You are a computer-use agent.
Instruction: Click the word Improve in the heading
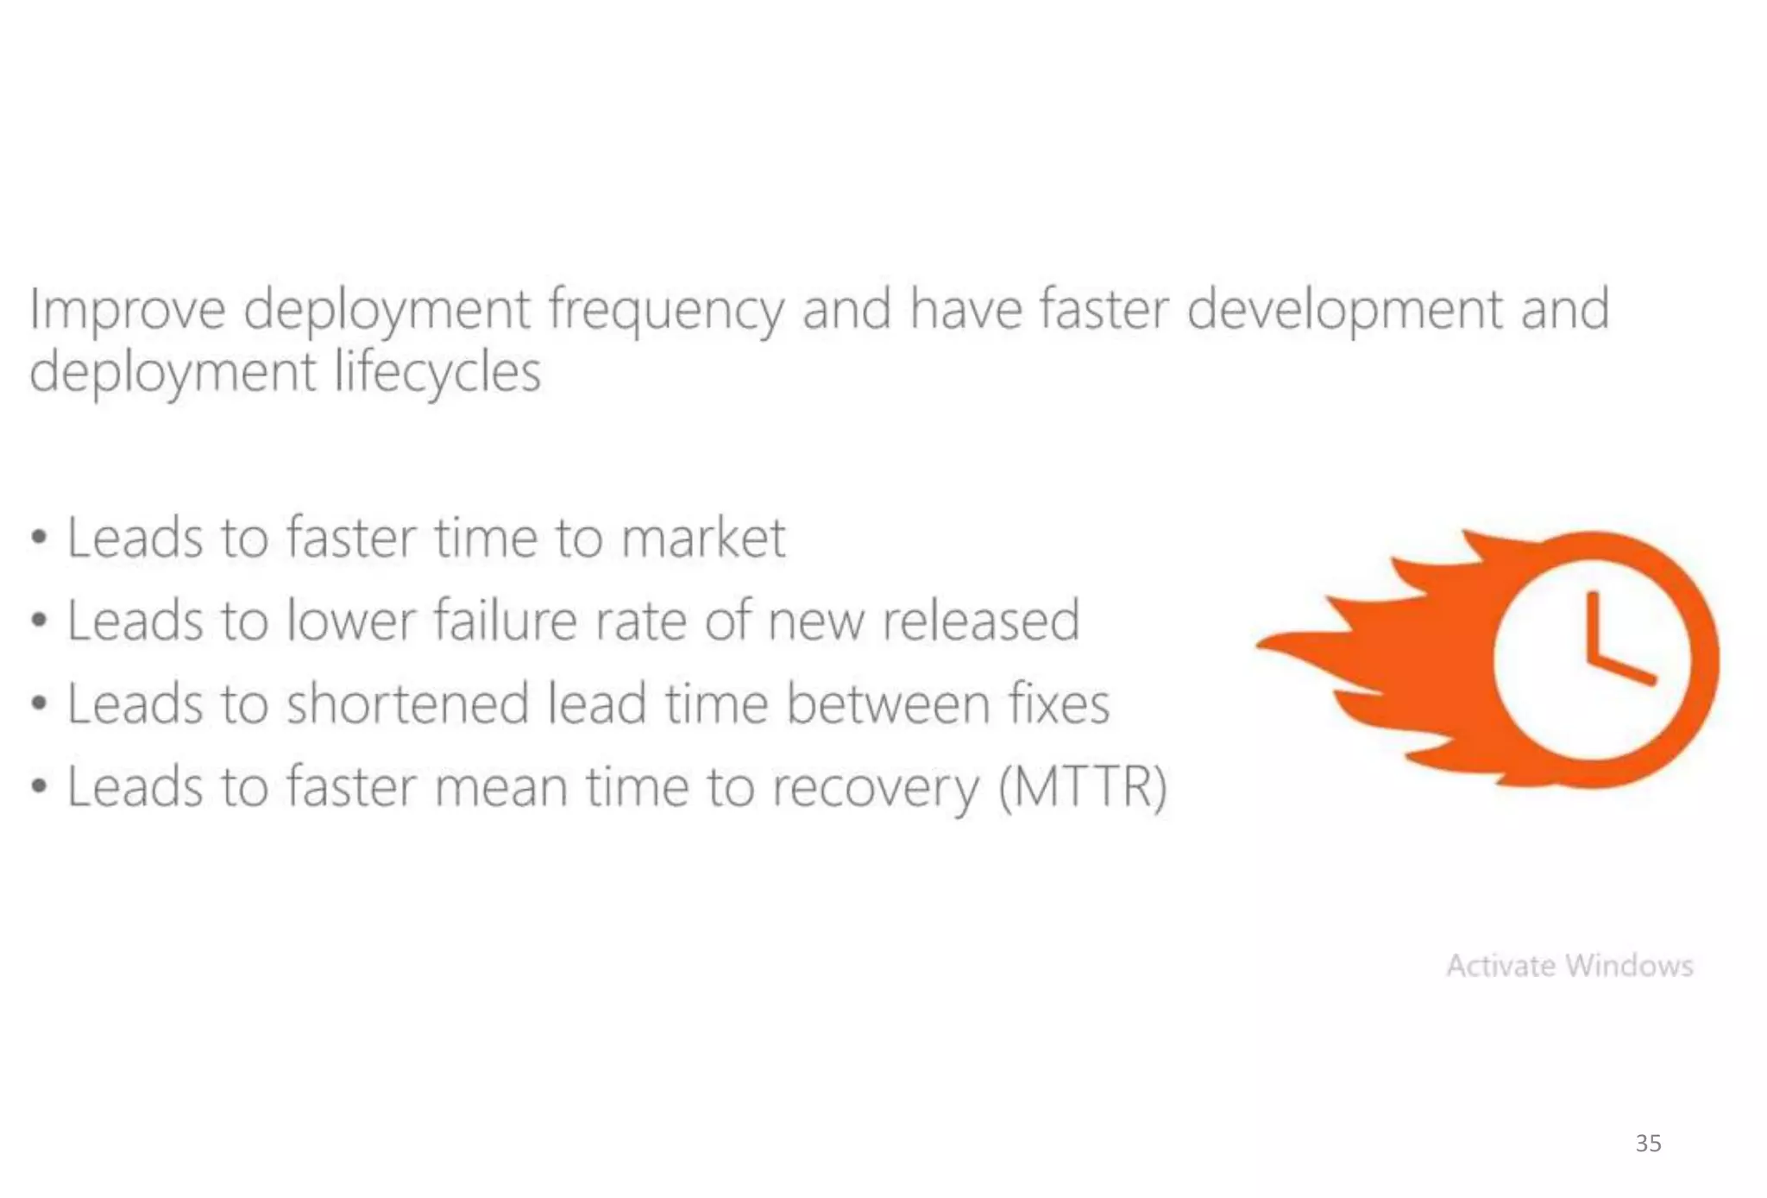coord(127,311)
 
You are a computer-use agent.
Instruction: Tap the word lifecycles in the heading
coord(437,373)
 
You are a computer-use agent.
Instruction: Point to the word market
coord(702,539)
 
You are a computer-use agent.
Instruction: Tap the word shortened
coord(407,703)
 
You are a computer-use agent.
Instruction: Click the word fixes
coord(1060,703)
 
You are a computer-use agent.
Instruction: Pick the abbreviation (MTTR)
coord(1084,787)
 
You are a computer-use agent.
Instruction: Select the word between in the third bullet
coord(889,703)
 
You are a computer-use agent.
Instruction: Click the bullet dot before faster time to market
coord(39,539)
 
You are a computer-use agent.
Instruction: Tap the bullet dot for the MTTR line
coord(39,787)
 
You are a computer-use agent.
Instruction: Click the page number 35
coord(1648,1144)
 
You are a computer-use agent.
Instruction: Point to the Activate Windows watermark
coord(1569,965)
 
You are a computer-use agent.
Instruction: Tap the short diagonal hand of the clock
coord(1622,670)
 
